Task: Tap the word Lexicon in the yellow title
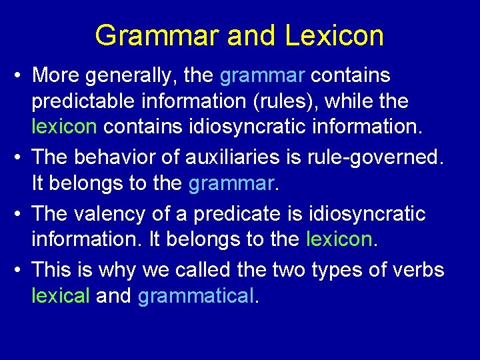pyautogui.click(x=335, y=35)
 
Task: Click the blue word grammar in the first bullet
pyautogui.click(x=262, y=75)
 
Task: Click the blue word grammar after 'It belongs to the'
pyautogui.click(x=230, y=182)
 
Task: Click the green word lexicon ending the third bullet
pyautogui.click(x=338, y=238)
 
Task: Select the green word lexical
pyautogui.click(x=60, y=295)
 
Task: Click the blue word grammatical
pyautogui.click(x=196, y=295)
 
